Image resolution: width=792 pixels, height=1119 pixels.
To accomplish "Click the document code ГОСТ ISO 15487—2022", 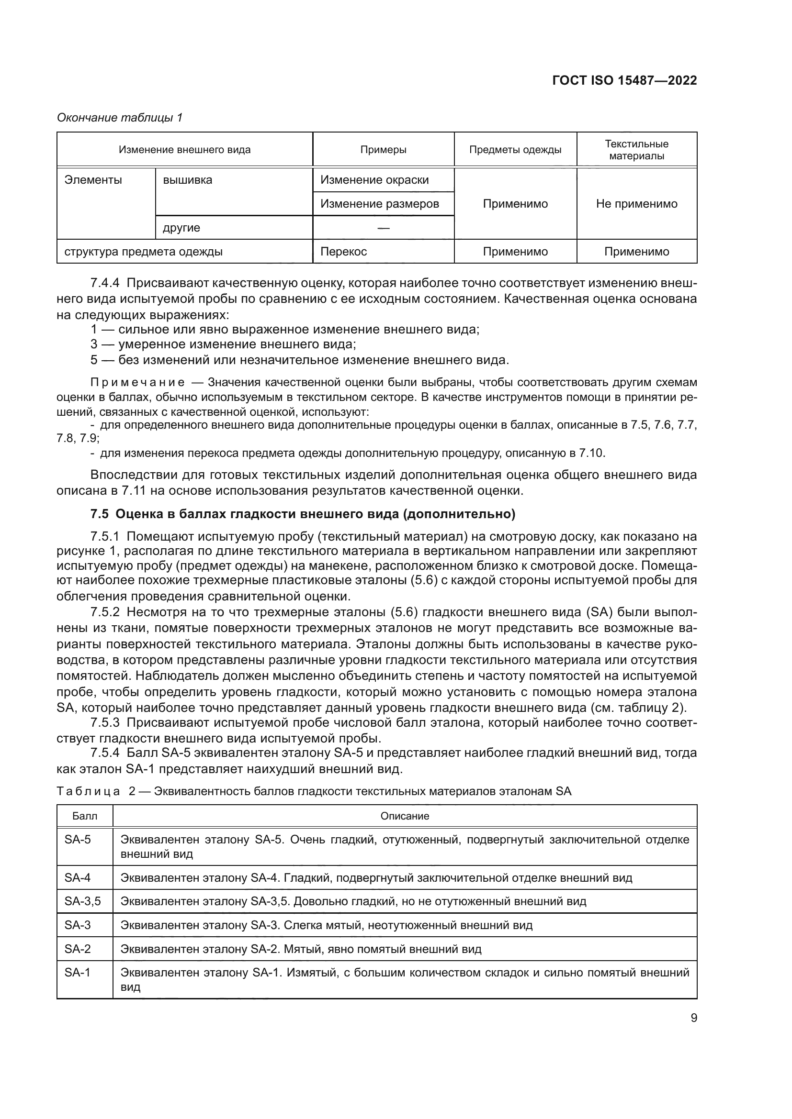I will pyautogui.click(x=624, y=80).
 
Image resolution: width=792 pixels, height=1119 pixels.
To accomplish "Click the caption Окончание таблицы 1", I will pyautogui.click(x=120, y=118).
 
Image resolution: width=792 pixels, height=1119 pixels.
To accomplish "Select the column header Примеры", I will pyautogui.click(x=384, y=150).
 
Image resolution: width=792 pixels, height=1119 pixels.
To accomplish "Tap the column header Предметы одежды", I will pyautogui.click(x=515, y=150).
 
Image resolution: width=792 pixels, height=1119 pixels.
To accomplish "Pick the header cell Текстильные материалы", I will pyautogui.click(x=636, y=150).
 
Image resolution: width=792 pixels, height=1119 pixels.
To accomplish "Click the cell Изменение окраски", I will pyautogui.click(x=374, y=180).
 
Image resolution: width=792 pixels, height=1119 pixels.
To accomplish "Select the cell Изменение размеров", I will pyautogui.click(x=379, y=204).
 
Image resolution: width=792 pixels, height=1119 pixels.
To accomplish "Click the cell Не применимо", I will pyautogui.click(x=636, y=204).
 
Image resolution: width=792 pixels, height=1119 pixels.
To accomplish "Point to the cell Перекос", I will pyautogui.click(x=343, y=252).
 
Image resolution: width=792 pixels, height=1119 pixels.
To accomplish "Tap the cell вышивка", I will pyautogui.click(x=187, y=180).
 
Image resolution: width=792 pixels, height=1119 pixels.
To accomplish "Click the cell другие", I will pyautogui.click(x=181, y=228).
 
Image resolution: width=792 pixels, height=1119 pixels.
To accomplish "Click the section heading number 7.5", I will pyautogui.click(x=100, y=514).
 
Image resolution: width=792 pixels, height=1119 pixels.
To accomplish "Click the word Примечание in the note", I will pyautogui.click(x=137, y=382).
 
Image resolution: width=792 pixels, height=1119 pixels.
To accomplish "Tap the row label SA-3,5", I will pyautogui.click(x=82, y=901).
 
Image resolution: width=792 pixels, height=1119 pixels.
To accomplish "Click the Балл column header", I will pyautogui.click(x=85, y=816).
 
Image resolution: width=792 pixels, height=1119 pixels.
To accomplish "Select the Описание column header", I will pyautogui.click(x=404, y=816).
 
